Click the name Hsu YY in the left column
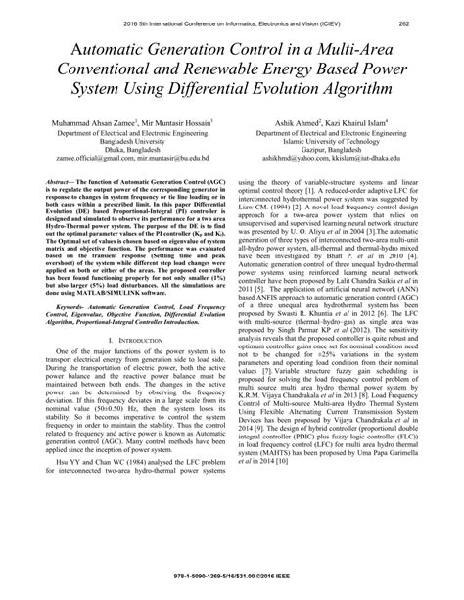pyautogui.click(x=63, y=488)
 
